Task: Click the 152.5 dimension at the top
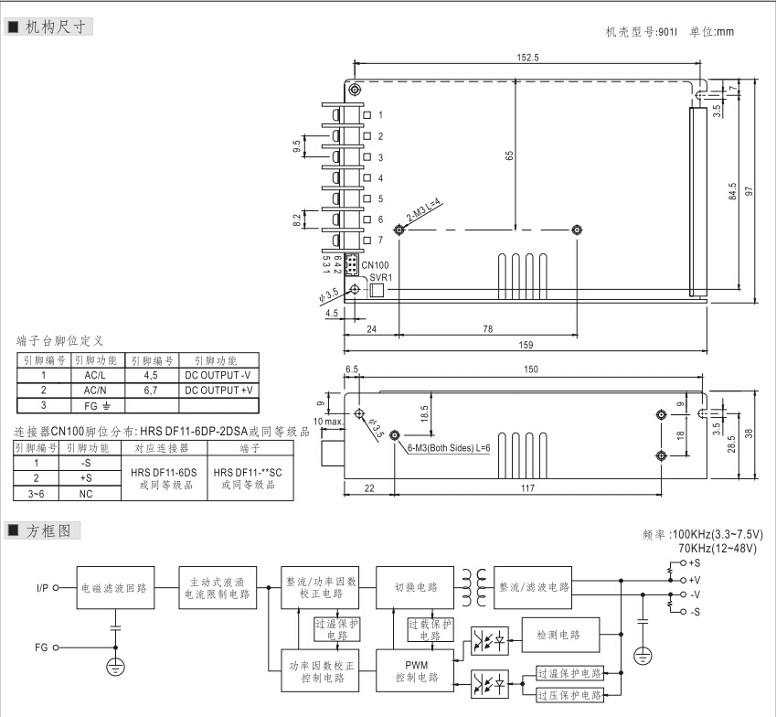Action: point(527,58)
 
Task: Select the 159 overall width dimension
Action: point(526,344)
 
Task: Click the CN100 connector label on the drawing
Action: point(375,265)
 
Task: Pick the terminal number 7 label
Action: point(380,240)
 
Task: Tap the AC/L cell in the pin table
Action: point(95,374)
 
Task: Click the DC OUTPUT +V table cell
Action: point(218,390)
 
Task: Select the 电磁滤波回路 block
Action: point(113,586)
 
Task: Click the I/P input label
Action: point(42,587)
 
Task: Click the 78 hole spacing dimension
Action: point(487,328)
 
